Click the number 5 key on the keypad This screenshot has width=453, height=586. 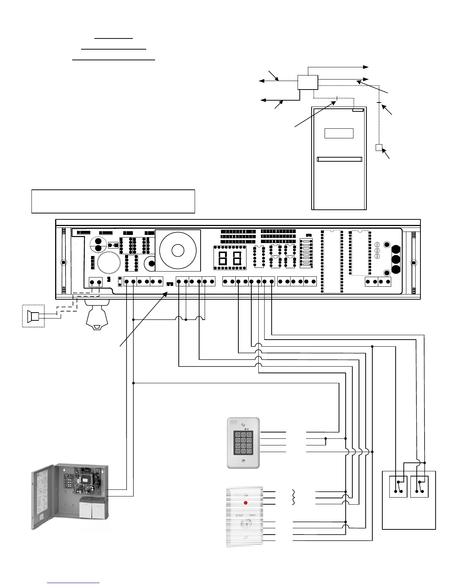tap(244, 440)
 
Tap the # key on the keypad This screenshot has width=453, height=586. tap(249, 451)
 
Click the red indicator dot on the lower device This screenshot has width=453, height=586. tap(245, 503)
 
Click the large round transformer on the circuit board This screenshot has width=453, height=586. tap(178, 250)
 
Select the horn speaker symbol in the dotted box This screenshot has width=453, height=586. tap(33, 316)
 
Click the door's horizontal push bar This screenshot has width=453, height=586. tap(339, 159)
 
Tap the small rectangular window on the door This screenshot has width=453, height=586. tap(339, 133)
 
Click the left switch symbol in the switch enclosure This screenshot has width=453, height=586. tap(398, 486)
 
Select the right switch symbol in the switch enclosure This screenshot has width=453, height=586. tap(419, 486)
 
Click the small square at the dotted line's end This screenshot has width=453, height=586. tap(379, 148)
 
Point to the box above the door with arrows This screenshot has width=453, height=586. tap(308, 82)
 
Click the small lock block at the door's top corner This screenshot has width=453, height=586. tap(358, 110)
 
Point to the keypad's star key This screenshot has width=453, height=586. tap(238, 451)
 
